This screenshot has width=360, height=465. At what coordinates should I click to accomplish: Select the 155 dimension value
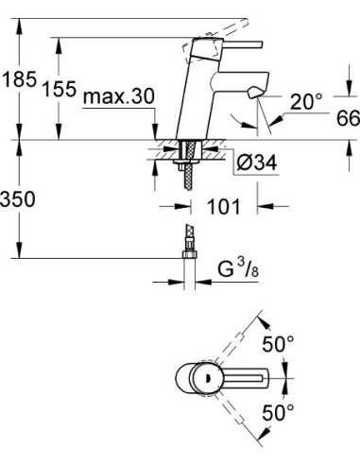coord(60,90)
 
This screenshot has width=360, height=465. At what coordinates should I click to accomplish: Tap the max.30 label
coord(119,98)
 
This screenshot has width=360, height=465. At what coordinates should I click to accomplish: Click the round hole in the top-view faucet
coord(199,377)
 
